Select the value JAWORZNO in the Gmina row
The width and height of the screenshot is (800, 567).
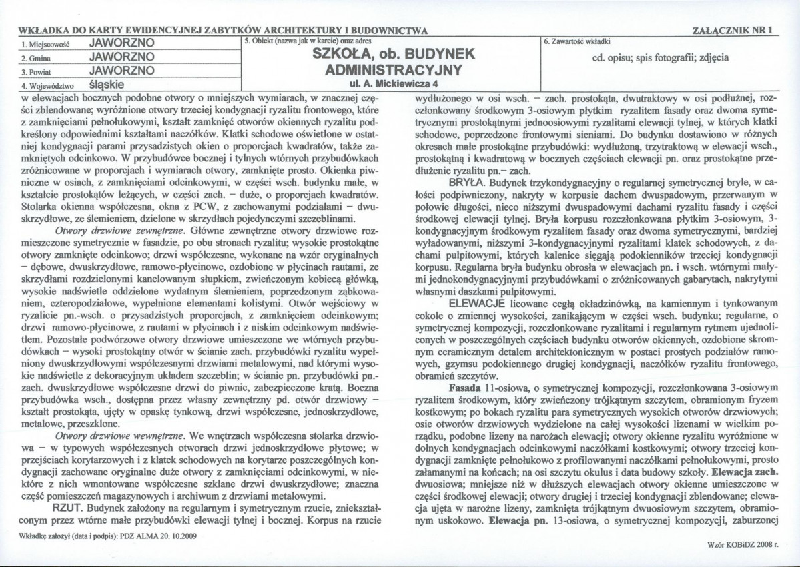[122, 57]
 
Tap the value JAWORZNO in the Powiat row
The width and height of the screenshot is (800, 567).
[122, 71]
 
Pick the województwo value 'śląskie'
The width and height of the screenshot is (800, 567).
[109, 85]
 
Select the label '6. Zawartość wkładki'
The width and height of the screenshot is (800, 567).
[573, 41]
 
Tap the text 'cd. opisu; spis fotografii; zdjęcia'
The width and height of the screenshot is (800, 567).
[660, 57]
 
